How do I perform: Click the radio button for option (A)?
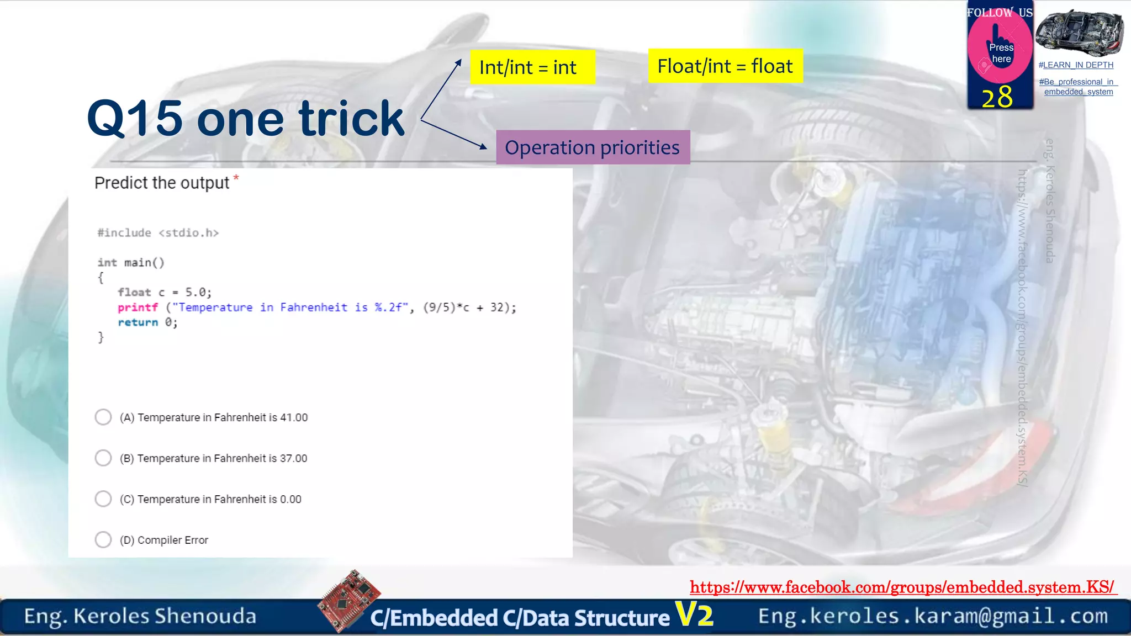click(x=103, y=417)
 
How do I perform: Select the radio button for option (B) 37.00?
click(x=103, y=458)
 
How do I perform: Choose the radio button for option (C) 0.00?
click(x=103, y=499)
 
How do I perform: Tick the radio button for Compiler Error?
click(x=103, y=539)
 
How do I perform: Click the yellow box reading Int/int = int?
click(x=532, y=67)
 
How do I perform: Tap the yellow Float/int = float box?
click(x=725, y=66)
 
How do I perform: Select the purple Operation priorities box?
click(x=593, y=147)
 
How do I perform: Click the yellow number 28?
click(x=997, y=97)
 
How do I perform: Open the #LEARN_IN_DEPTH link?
click(x=1076, y=65)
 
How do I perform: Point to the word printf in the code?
click(x=138, y=308)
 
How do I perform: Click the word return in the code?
click(x=138, y=322)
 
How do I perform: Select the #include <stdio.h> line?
click(x=158, y=233)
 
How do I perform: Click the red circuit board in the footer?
click(x=349, y=600)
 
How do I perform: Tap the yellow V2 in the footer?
click(x=694, y=614)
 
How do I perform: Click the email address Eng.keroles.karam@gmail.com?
click(x=933, y=616)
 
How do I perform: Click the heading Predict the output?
click(x=162, y=183)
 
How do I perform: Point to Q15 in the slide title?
click(x=135, y=118)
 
